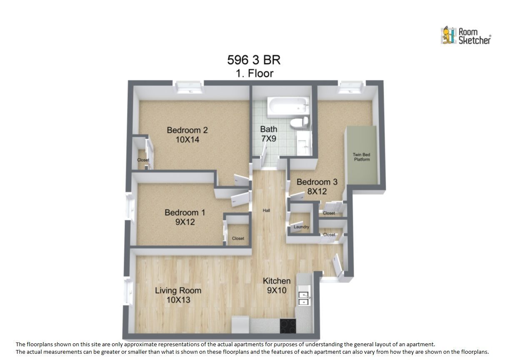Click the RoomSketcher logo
coord(466,35)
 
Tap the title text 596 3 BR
coord(254,60)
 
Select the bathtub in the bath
coord(288,107)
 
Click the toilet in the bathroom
coord(299,122)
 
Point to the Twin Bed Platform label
coord(362,157)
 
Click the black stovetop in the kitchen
coord(288,326)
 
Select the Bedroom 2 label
coord(187,130)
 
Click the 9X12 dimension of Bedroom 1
coord(185,222)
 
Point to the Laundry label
coord(301,227)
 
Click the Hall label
coord(266,210)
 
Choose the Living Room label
coord(178,290)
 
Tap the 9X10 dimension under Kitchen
coord(277,290)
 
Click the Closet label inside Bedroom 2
coord(143,160)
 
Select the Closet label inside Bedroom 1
coord(238,238)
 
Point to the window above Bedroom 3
coord(351,87)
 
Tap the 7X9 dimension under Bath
coord(269,138)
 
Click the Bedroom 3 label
coord(317,182)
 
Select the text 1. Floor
coord(254,73)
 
